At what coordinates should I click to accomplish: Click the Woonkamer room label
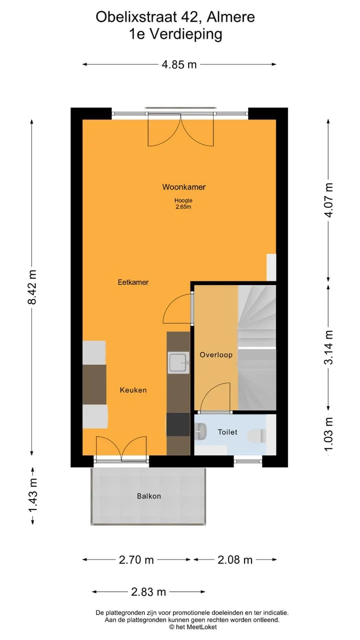click(184, 187)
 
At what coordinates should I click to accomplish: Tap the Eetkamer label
click(133, 282)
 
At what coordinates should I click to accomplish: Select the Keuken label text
click(133, 390)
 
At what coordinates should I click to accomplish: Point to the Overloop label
click(216, 355)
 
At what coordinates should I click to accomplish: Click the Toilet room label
click(227, 432)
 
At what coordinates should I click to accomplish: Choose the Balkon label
click(149, 496)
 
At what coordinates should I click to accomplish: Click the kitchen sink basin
click(178, 363)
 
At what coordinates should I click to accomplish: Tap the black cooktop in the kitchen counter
click(178, 424)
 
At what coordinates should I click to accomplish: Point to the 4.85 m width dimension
click(179, 64)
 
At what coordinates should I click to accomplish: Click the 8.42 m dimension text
click(33, 287)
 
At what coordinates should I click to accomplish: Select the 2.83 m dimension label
click(148, 591)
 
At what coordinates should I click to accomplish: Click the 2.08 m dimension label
click(235, 559)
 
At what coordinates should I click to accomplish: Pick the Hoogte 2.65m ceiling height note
click(183, 203)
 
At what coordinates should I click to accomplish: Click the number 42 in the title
click(189, 17)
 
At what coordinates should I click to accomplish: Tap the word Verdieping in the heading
click(186, 34)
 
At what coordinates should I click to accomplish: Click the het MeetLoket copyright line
click(193, 627)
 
